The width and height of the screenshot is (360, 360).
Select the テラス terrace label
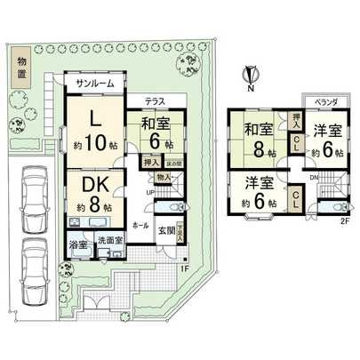154,102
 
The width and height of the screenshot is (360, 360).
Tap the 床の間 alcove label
175,164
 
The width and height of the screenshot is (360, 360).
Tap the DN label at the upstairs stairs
313,177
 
